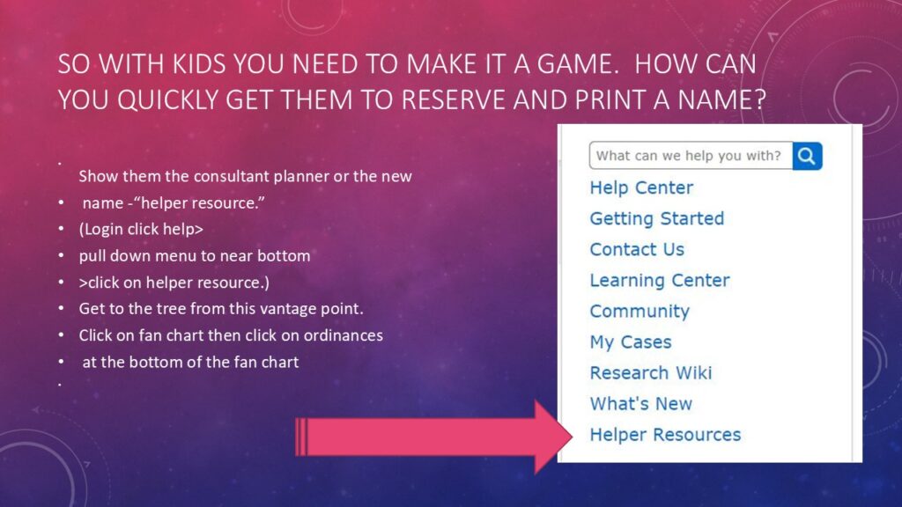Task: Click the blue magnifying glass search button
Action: [807, 156]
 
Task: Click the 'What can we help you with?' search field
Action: [691, 156]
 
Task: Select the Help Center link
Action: [641, 188]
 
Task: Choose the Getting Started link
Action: [657, 219]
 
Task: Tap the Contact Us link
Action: [637, 249]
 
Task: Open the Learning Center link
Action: [660, 281]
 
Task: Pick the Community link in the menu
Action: [640, 312]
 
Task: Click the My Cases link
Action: [631, 342]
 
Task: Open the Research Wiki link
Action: [651, 373]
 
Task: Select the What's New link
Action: [641, 404]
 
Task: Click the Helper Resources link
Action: [665, 435]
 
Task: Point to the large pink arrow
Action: [433, 437]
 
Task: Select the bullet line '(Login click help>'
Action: [141, 230]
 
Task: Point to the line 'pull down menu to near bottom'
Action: [195, 256]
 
